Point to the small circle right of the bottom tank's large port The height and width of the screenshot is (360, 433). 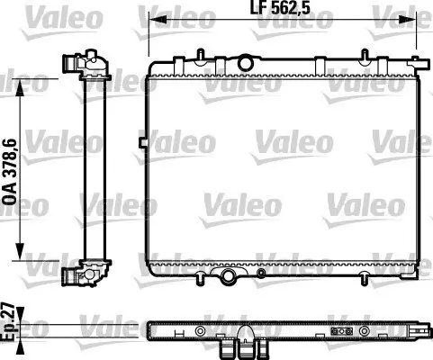tap(260, 273)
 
